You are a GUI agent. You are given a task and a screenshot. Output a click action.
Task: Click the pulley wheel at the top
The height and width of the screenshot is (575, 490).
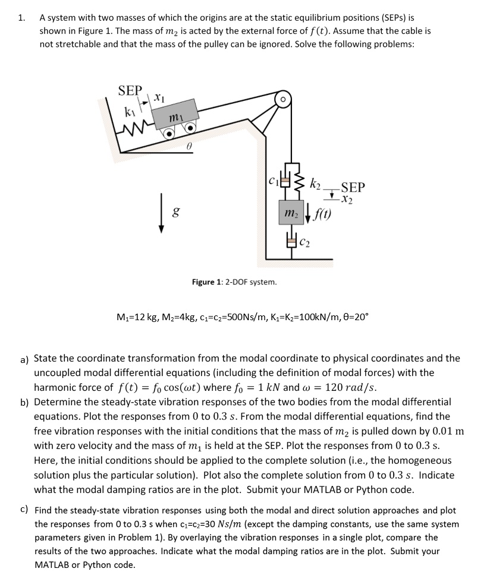coord(283,99)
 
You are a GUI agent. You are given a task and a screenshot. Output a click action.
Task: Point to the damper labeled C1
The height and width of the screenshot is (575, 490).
coord(285,179)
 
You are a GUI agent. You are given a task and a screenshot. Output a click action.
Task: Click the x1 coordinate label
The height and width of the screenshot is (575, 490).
coord(158,96)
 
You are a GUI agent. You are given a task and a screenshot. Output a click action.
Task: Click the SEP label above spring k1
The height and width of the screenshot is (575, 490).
coord(130,90)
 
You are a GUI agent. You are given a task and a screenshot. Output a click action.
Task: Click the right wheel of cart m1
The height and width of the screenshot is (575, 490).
coord(190,128)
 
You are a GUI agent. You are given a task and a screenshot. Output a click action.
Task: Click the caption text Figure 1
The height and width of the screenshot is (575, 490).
coord(234,282)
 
